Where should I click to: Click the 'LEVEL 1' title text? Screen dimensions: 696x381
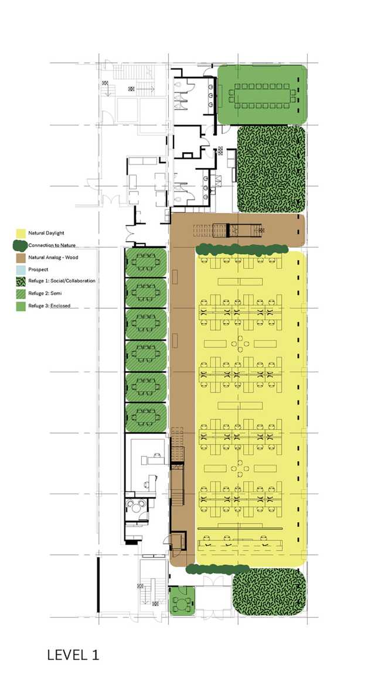click(x=73, y=654)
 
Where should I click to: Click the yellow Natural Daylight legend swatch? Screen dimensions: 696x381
click(x=21, y=233)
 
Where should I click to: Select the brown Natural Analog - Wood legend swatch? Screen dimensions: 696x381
click(x=21, y=257)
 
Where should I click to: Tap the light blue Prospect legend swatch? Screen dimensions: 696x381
click(x=21, y=269)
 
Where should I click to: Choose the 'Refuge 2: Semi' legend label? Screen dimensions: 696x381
click(x=45, y=293)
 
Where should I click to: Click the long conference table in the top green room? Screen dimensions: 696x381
click(x=262, y=94)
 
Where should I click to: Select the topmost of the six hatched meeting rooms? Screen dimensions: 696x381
click(x=146, y=263)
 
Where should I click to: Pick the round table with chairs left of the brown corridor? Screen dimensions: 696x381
click(x=139, y=506)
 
